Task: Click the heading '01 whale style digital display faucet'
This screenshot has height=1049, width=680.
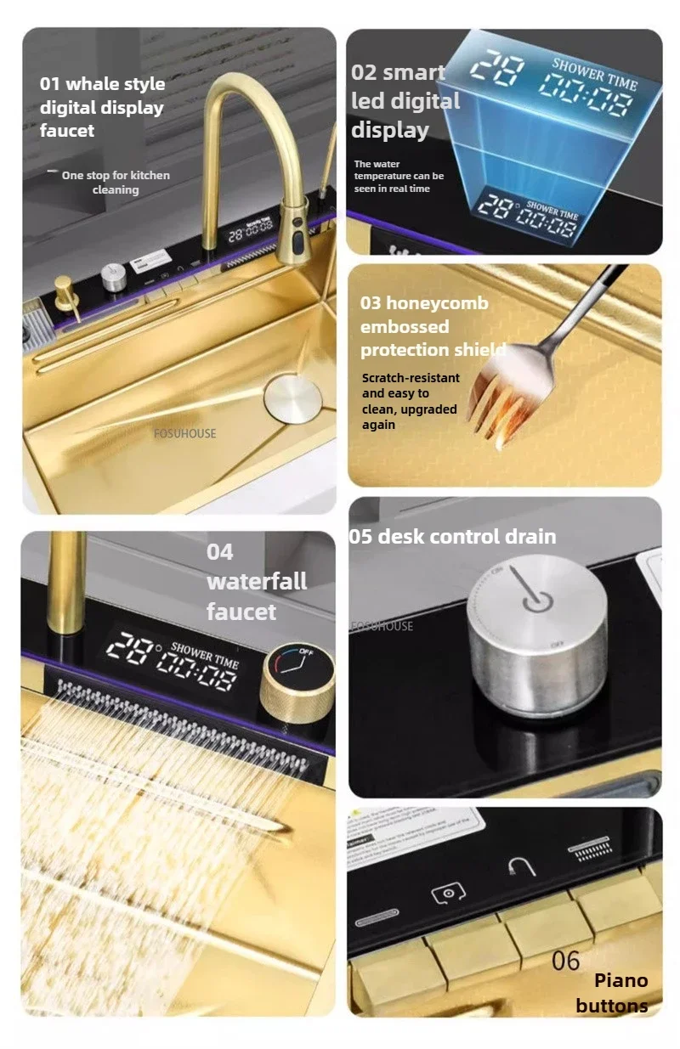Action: pos(102,107)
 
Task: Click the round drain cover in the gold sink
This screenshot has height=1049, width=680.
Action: pos(292,396)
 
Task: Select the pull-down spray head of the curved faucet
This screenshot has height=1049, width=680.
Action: pos(295,231)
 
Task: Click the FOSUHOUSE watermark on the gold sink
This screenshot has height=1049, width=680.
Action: pos(184,433)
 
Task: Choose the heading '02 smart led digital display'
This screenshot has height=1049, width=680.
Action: pos(405,101)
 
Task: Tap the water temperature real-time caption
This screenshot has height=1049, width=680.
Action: pos(399,176)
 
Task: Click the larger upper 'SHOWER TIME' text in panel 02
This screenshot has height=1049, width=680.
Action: pos(594,74)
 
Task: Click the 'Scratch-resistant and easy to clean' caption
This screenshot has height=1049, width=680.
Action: pos(411,401)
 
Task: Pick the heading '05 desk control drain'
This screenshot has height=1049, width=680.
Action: pos(452,536)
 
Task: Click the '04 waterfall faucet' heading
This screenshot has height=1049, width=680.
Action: pos(256,582)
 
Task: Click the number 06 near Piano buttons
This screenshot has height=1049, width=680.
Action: pos(565,961)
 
